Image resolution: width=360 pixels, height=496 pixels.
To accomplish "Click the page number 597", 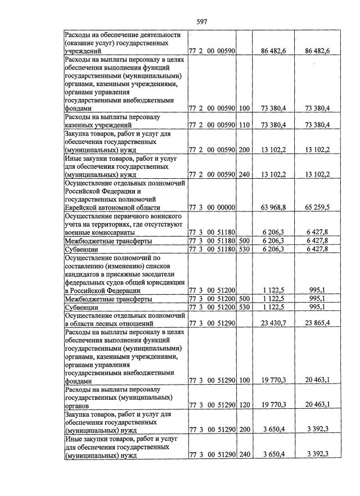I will coord(202,22).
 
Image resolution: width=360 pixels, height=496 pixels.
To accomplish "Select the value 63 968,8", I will coord(274,208).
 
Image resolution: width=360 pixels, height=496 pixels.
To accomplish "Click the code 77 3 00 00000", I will coord(211,208).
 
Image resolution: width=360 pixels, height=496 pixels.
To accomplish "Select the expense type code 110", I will coord(244,124).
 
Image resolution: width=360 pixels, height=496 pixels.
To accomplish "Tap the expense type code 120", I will coord(244,404).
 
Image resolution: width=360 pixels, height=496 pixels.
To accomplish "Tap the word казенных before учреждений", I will coord(82,124).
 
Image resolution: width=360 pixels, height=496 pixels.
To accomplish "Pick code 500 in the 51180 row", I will coord(244,241).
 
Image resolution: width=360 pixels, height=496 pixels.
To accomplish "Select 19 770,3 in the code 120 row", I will coord(274,404).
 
